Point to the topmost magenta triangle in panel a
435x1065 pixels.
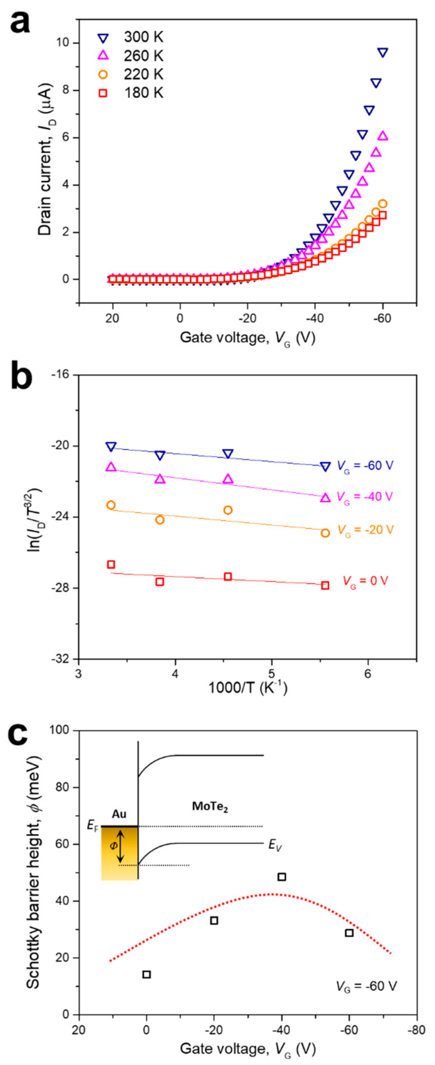(x=383, y=136)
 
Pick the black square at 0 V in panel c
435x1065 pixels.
(x=146, y=974)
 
